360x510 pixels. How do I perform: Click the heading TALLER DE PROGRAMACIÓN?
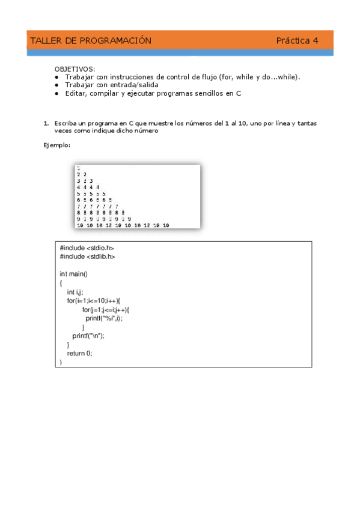pyautogui.click(x=90, y=41)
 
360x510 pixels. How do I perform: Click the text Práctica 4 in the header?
pyautogui.click(x=297, y=41)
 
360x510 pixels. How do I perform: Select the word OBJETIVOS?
pyautogui.click(x=75, y=69)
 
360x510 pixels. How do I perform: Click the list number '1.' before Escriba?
pyautogui.click(x=46, y=123)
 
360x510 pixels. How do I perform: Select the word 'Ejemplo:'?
pyautogui.click(x=56, y=145)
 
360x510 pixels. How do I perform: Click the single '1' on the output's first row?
pyautogui.click(x=79, y=168)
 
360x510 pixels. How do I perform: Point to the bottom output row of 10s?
pyautogui.click(x=123, y=225)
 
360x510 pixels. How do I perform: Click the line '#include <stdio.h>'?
pyautogui.click(x=87, y=248)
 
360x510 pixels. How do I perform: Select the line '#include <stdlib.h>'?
pyautogui.click(x=88, y=256)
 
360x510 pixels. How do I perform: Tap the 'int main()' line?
pyautogui.click(x=73, y=274)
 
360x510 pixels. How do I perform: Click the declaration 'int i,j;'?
pyautogui.click(x=75, y=292)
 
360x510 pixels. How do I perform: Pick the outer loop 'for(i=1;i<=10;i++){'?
pyautogui.click(x=94, y=300)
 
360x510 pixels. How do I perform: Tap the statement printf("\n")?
pyautogui.click(x=88, y=336)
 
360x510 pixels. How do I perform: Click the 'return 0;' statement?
pyautogui.click(x=79, y=354)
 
